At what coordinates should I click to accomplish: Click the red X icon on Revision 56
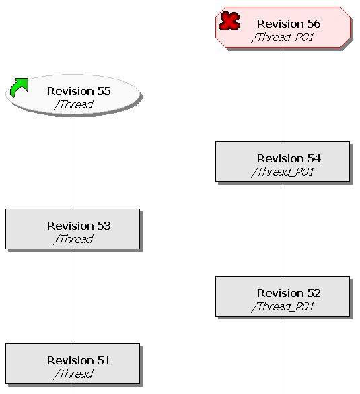pos(229,20)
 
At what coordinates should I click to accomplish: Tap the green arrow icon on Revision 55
pos(19,88)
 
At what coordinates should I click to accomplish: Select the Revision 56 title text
pos(289,24)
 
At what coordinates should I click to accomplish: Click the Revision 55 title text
pos(79,91)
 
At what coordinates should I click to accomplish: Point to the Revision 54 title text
pos(289,158)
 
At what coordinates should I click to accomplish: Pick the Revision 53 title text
pos(79,226)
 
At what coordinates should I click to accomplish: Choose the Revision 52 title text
pos(289,293)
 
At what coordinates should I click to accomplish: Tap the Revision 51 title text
pos(79,360)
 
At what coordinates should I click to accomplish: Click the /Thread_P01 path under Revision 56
pos(283,38)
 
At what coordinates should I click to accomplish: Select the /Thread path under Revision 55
pos(73,105)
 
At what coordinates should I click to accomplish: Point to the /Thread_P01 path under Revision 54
pos(283,172)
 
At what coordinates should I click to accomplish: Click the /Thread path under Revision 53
pos(73,240)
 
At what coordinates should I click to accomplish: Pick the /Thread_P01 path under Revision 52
pos(283,307)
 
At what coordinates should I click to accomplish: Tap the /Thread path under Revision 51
pos(73,374)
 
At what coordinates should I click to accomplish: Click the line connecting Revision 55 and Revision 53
pos(73,162)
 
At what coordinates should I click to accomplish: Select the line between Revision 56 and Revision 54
pos(283,95)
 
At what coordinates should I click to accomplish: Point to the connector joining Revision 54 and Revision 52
pos(283,229)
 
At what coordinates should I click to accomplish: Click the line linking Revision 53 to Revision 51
pos(73,296)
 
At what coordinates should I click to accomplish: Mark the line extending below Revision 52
pos(283,355)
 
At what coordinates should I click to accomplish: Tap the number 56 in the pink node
pos(314,24)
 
